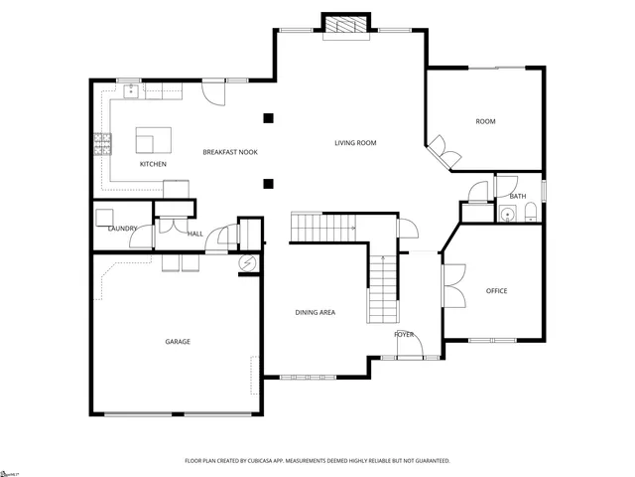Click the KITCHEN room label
[x=152, y=164]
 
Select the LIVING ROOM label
[x=354, y=143]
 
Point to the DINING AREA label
[x=315, y=313]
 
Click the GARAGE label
[x=178, y=342]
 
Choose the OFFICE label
[x=496, y=291]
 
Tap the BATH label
[x=517, y=197]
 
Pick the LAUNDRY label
[x=122, y=230]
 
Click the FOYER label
[x=404, y=335]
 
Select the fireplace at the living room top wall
[x=347, y=27]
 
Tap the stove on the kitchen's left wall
[x=100, y=145]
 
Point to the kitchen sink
[x=131, y=90]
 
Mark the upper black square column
[x=267, y=119]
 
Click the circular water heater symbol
[x=248, y=262]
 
